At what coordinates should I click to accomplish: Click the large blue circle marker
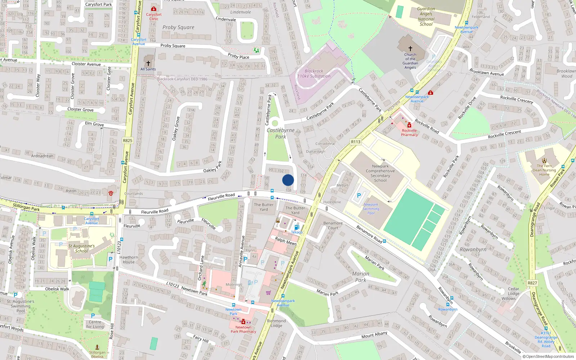(288, 180)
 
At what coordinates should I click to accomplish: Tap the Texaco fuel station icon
(297, 227)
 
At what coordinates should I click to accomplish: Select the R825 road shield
(127, 140)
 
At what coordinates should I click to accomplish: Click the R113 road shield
(356, 142)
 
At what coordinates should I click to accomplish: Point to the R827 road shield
(532, 283)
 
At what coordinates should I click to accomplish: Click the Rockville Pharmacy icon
(409, 125)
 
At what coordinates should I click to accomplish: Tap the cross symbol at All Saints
(148, 63)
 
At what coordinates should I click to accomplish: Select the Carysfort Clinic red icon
(154, 9)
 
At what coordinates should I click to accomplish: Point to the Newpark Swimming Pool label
(371, 209)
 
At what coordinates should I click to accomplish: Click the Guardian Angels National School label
(426, 17)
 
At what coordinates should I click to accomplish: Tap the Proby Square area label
(178, 27)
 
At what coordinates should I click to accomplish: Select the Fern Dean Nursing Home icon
(544, 161)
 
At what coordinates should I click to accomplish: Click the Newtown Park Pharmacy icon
(243, 322)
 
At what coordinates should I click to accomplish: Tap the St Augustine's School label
(81, 248)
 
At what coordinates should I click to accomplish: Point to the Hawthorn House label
(129, 260)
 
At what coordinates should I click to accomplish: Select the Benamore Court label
(333, 225)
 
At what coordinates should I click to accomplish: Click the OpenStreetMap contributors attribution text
(548, 357)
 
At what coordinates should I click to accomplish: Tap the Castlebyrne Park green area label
(280, 133)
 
